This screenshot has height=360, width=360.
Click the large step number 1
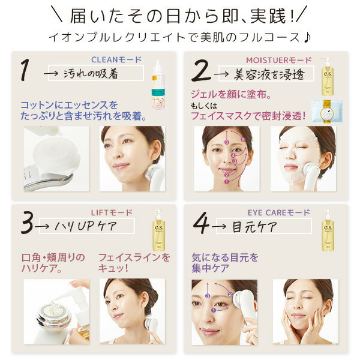25,71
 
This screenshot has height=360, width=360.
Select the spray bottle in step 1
162,87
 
